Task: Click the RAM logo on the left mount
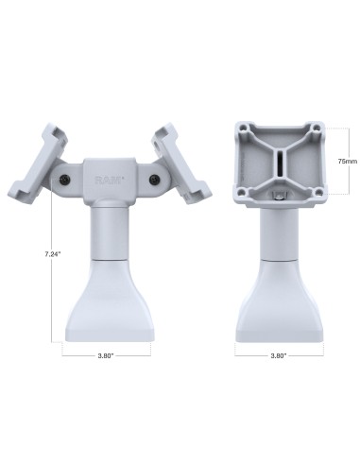coord(106,178)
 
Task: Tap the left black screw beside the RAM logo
coord(63,179)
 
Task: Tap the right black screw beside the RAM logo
coord(148,179)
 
